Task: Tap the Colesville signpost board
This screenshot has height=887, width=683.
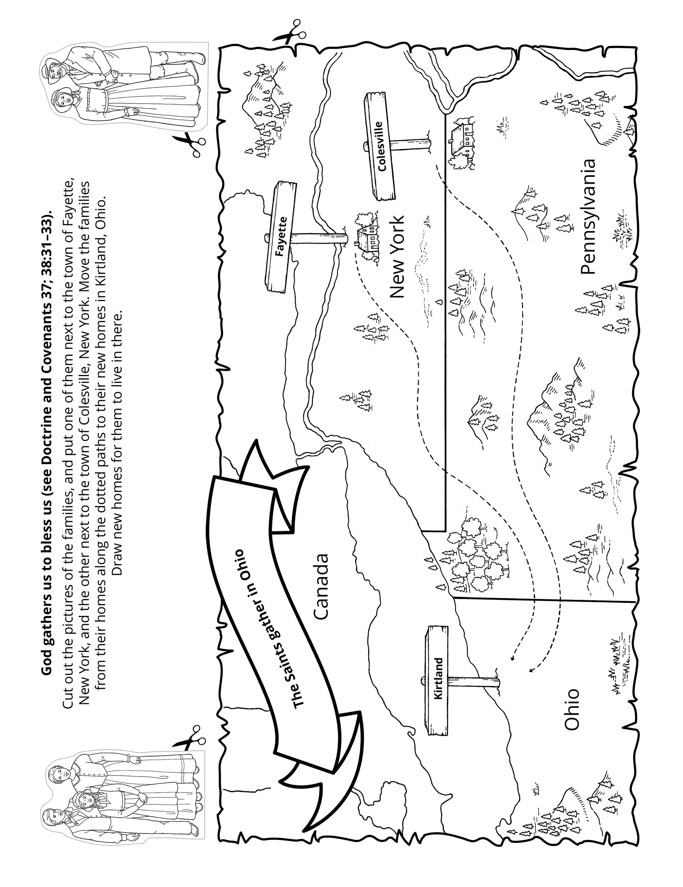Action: [x=380, y=147]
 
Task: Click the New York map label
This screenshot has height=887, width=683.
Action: [x=397, y=257]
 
